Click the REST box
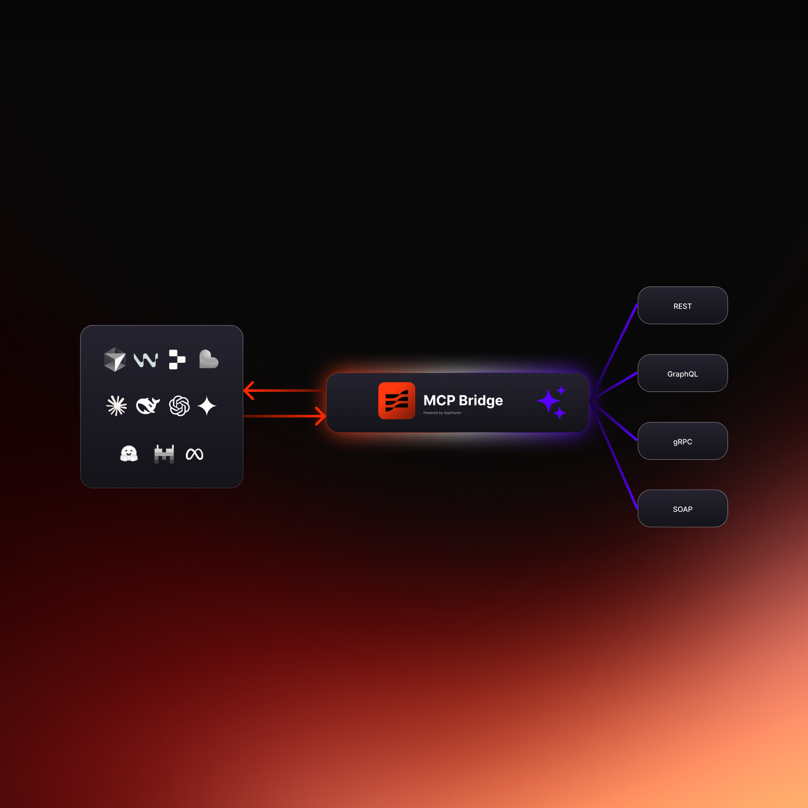(x=682, y=306)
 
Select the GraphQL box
(x=682, y=373)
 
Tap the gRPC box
(x=682, y=441)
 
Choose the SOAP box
(x=682, y=509)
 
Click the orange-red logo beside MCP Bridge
(x=396, y=401)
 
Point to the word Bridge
(x=481, y=401)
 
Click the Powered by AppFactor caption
(x=442, y=413)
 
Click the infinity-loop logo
(x=195, y=454)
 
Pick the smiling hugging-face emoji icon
(x=129, y=454)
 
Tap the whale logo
(x=148, y=406)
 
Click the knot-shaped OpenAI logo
(x=179, y=406)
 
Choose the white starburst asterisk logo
(x=116, y=406)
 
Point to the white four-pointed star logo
(x=207, y=406)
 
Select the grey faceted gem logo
(x=115, y=359)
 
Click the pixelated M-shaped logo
(x=164, y=454)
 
